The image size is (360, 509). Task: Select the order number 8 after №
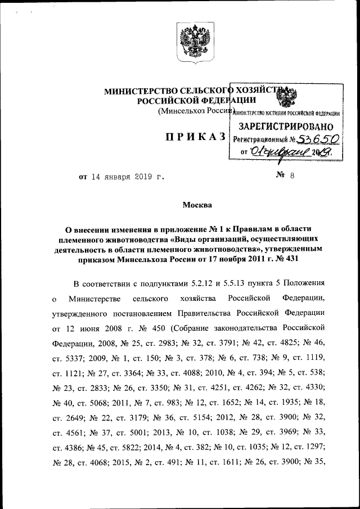tap(292, 176)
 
